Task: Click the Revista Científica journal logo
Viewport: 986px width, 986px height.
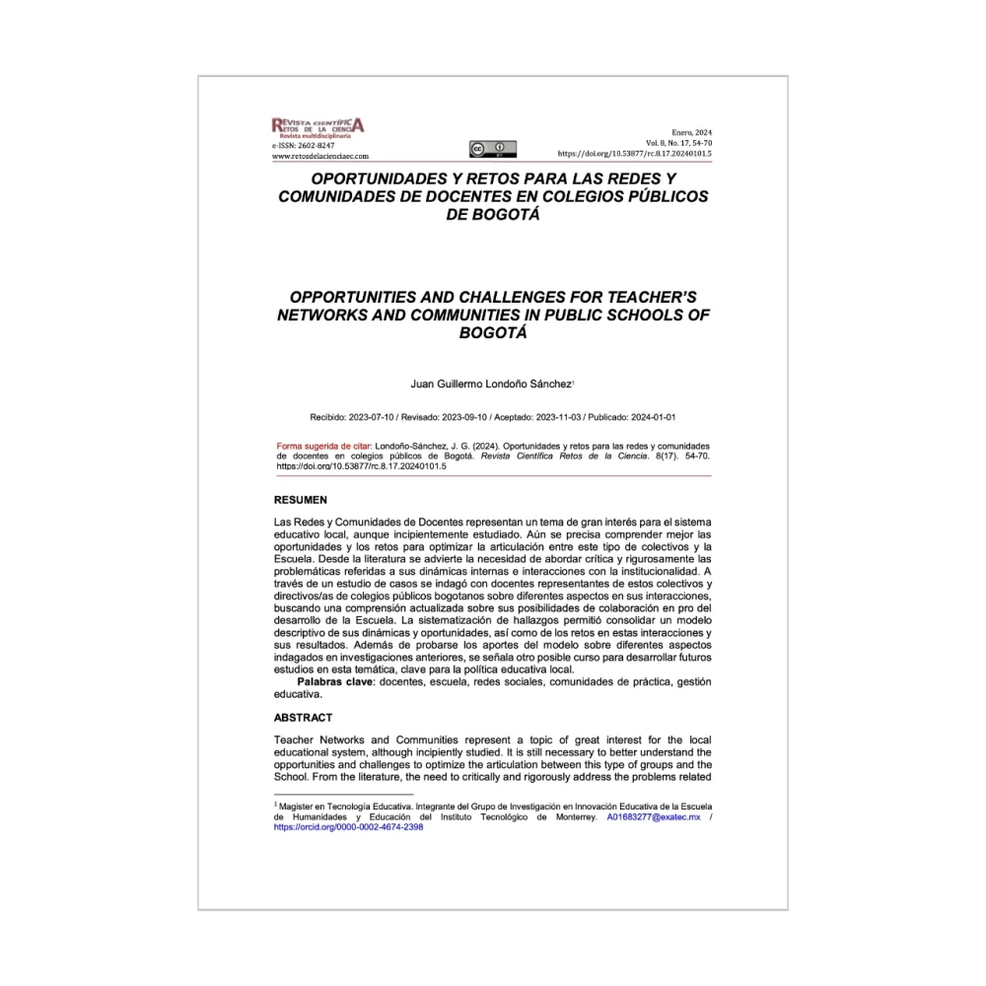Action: [317, 126]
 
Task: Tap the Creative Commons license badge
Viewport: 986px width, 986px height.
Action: [493, 149]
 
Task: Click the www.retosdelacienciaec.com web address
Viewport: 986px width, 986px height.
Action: [319, 156]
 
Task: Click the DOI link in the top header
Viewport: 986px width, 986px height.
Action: [635, 154]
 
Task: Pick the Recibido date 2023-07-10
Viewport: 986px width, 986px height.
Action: [374, 417]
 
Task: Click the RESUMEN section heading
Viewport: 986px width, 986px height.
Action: [301, 500]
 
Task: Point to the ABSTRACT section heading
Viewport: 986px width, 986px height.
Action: [304, 718]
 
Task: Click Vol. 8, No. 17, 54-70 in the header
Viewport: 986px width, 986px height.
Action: [678, 144]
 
